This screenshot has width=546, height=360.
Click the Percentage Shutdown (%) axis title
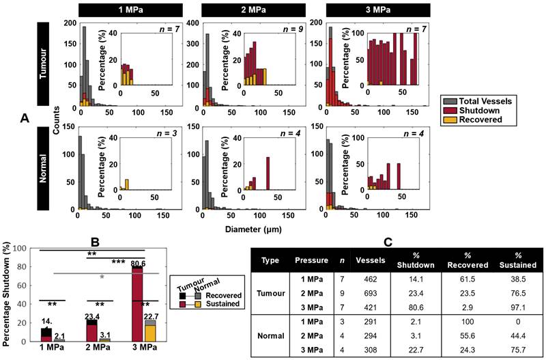(x=9, y=297)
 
